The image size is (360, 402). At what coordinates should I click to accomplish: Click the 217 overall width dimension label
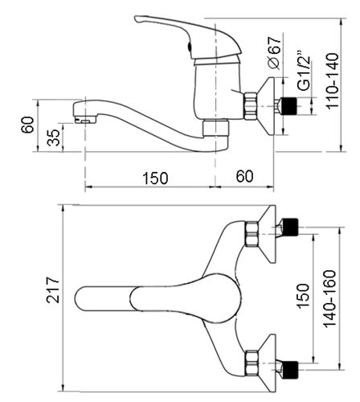coord(52,290)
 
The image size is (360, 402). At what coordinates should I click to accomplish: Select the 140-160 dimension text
coord(329,298)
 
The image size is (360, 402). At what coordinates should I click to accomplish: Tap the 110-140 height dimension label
coord(332,81)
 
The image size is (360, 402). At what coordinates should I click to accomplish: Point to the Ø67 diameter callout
coord(275,52)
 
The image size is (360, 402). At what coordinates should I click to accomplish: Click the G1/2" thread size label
coord(304,71)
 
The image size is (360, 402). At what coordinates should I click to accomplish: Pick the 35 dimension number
coord(54,137)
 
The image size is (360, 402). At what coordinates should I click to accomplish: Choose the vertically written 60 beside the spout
coord(27,125)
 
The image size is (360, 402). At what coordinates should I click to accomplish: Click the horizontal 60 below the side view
coord(244,176)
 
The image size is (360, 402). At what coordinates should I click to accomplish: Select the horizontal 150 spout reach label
coord(155,178)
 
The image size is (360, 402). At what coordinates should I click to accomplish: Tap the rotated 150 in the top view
coord(303,296)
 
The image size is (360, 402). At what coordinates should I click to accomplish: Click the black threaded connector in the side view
coord(288,105)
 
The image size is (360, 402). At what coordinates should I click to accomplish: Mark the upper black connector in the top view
coord(289,227)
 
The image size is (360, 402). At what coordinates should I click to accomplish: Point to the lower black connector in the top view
coord(289,370)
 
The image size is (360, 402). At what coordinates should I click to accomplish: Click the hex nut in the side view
coord(251,105)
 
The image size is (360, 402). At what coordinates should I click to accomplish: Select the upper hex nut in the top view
coord(252,234)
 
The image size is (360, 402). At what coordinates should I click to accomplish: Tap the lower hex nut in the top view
coord(252,363)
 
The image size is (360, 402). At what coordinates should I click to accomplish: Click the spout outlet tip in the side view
coord(85,121)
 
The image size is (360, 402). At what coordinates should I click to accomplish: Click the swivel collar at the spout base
coord(215,129)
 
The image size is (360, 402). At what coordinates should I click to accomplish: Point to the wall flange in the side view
coord(267,106)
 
